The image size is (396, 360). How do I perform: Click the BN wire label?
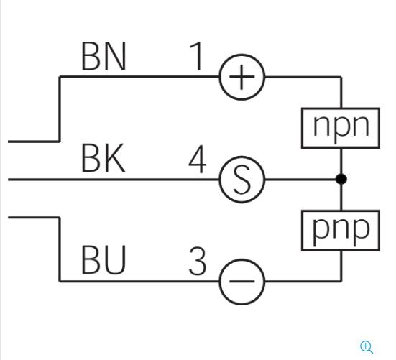click(x=103, y=56)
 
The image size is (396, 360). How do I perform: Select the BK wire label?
click(x=103, y=158)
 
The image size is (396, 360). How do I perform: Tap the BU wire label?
click(x=103, y=260)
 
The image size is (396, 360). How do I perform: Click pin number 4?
click(x=198, y=159)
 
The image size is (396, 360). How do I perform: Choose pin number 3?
click(x=198, y=261)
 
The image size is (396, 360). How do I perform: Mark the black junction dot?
click(x=341, y=179)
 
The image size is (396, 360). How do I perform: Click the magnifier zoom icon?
click(x=367, y=347)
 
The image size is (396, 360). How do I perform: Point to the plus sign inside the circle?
click(x=241, y=77)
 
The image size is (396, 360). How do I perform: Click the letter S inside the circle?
click(x=242, y=180)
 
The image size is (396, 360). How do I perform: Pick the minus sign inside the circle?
click(x=241, y=281)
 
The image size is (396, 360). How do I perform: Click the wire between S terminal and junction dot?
click(x=300, y=180)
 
